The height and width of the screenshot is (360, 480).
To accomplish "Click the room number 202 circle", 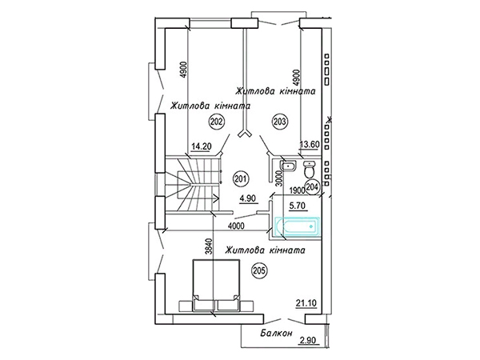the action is tap(217, 122).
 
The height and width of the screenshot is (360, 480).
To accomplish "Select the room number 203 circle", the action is tap(279, 122).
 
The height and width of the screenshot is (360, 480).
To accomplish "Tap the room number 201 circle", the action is tap(242, 178).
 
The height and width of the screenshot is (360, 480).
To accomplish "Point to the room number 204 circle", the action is tap(312, 186).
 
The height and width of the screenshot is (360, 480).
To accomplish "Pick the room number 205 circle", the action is tap(259, 270).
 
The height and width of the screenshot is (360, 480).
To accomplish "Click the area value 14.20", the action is tap(201, 146).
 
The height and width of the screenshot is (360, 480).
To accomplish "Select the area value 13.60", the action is tap(310, 144).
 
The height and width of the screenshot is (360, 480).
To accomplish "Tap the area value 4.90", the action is tap(248, 198).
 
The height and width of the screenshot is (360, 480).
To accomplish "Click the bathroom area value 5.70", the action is tap(298, 206).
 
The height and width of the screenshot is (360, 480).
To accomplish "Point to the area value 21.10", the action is tap(306, 303).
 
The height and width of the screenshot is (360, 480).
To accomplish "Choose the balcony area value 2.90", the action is tap(308, 341).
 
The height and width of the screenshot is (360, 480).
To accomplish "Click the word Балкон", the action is tap(276, 333).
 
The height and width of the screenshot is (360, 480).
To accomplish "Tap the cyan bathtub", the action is tap(298, 227).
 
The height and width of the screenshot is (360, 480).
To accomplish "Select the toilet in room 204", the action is tap(310, 170).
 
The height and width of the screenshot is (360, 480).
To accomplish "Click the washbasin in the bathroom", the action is tap(288, 166).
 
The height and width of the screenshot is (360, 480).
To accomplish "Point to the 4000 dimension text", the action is tap(236, 226).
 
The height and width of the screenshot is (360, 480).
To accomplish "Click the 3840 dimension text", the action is tap(209, 246).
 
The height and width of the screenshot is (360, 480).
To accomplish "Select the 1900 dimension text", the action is tap(298, 190).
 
